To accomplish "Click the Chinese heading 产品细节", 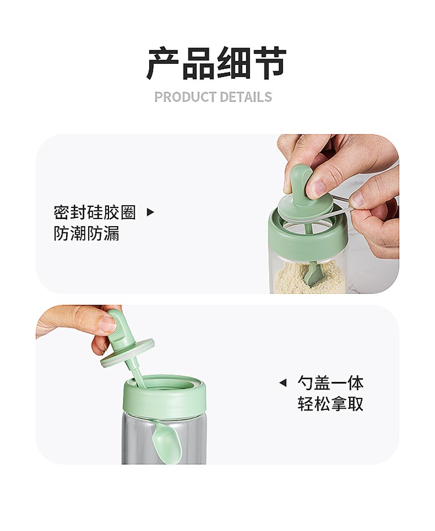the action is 217,63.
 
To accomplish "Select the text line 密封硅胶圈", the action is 95,213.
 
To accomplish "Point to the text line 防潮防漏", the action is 86,234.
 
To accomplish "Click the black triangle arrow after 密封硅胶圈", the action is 150,212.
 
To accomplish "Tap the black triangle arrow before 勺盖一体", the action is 283,383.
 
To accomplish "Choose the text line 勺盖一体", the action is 331,383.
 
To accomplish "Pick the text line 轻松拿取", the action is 331,403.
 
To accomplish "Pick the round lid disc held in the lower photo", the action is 128,352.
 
